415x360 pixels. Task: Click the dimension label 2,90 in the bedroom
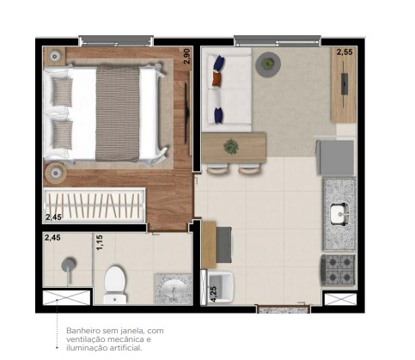coord(186,56)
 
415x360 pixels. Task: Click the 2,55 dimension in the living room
coord(344,52)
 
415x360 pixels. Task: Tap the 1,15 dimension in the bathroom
coord(100,244)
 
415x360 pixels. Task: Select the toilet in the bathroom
coord(114,284)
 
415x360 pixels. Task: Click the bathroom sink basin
coord(173,289)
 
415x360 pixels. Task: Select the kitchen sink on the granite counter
coord(338,213)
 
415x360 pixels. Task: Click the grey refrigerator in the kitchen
coord(336,157)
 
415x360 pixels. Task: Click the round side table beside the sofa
coord(268,63)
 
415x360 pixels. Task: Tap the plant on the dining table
coord(231,147)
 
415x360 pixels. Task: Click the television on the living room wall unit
coord(345,86)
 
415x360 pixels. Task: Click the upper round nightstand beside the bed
coord(55,56)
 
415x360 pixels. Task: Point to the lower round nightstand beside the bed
coord(57,171)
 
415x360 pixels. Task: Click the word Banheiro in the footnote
coord(83,330)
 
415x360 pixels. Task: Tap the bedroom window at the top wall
coord(116,40)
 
